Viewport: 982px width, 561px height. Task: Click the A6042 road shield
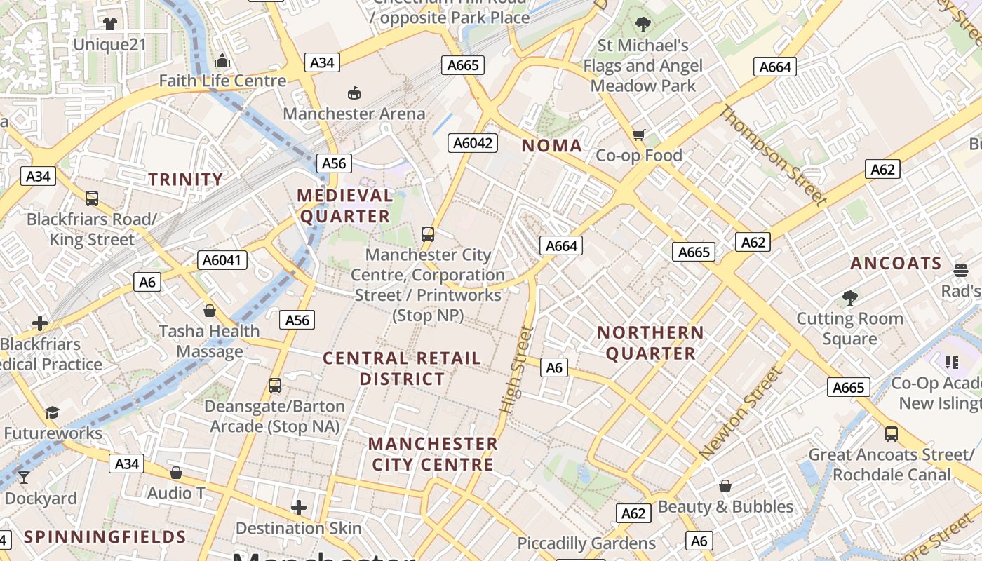point(473,143)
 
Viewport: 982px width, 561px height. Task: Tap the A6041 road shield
point(222,260)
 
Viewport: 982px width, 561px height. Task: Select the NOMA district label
point(552,146)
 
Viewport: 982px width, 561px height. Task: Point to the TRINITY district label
point(185,180)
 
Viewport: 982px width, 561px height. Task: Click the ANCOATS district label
point(896,264)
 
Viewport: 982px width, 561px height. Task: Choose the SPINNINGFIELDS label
point(105,537)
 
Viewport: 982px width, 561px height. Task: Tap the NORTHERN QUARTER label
point(650,343)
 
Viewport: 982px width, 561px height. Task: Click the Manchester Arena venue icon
point(354,93)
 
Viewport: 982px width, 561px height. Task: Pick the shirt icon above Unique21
point(109,24)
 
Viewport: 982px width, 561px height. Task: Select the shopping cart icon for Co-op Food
point(638,135)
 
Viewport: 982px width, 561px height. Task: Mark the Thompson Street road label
point(774,156)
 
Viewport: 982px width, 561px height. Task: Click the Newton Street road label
point(740,414)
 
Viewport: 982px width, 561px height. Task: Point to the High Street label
point(517,369)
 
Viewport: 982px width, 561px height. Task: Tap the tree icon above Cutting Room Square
point(850,297)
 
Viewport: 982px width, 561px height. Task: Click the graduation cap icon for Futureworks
point(52,412)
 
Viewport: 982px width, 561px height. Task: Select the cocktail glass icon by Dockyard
point(24,478)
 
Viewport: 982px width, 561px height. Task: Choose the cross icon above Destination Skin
point(299,507)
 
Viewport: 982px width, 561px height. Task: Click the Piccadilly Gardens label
point(586,543)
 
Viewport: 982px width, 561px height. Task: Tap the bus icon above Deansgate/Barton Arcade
point(275,385)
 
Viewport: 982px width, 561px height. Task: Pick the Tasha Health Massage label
point(209,341)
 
